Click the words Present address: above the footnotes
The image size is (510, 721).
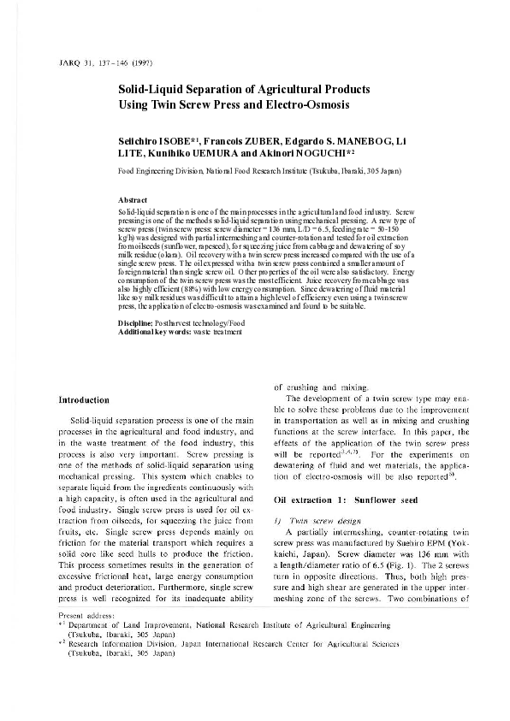82,639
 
